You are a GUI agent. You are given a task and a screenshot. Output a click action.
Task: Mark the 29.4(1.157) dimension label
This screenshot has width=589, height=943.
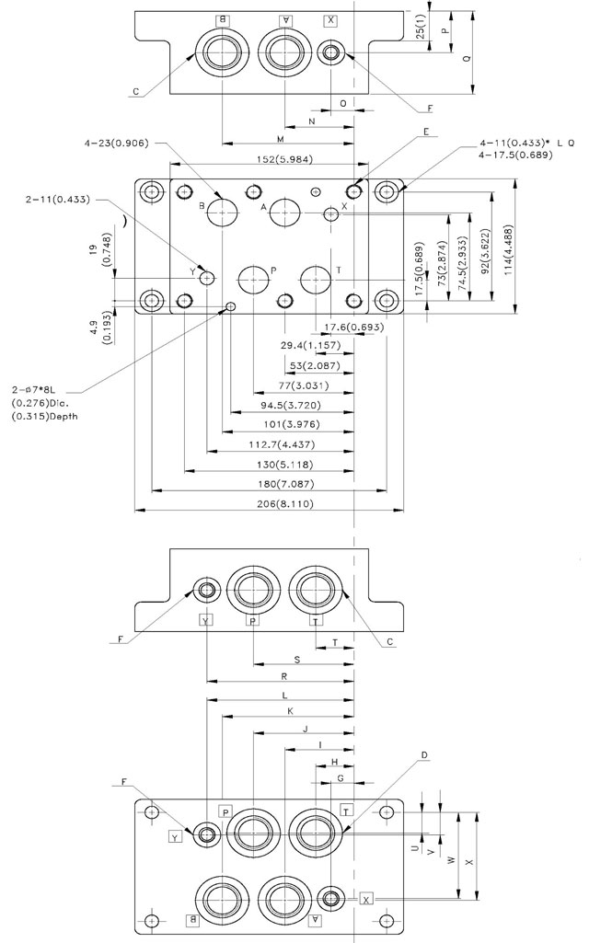[x=310, y=345]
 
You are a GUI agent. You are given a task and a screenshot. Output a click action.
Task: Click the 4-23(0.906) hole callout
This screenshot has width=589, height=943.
[x=117, y=143]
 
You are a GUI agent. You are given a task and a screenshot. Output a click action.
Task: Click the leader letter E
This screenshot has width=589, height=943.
[x=427, y=131]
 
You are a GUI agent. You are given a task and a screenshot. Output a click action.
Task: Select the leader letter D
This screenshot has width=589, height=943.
[x=423, y=755]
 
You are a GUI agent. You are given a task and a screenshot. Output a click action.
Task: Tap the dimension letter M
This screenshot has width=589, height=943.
[x=281, y=138]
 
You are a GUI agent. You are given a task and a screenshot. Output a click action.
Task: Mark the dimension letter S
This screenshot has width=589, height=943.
[x=296, y=659]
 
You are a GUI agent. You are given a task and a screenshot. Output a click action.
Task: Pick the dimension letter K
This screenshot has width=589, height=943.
[x=290, y=711]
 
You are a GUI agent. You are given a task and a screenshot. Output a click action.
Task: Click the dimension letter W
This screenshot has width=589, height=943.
[x=449, y=861]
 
